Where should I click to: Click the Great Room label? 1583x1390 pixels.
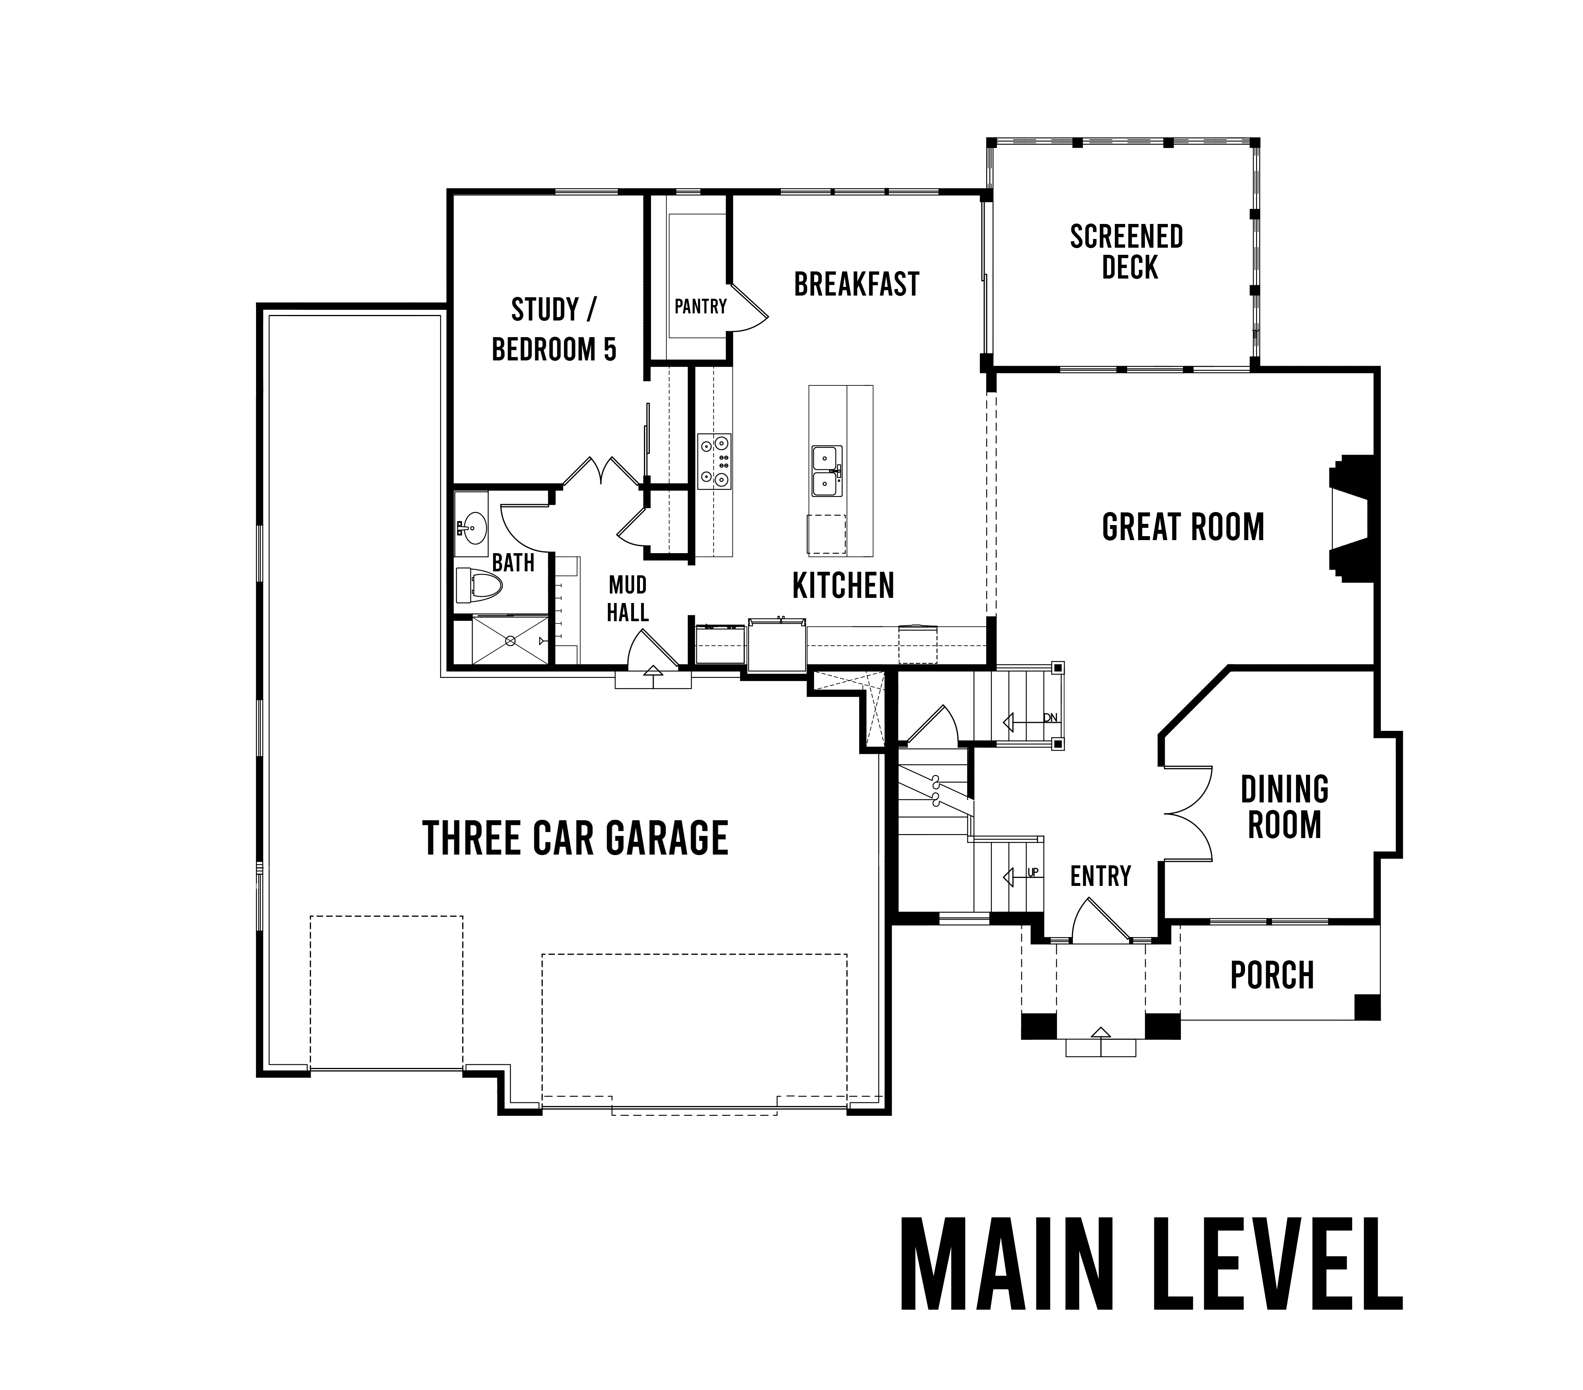click(1183, 527)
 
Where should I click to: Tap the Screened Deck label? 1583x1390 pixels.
click(1127, 252)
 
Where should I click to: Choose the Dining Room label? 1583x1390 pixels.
click(1285, 807)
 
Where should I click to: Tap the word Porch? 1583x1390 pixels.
click(1272, 976)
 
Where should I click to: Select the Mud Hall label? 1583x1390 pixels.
click(627, 599)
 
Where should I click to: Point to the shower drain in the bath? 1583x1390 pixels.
click(511, 641)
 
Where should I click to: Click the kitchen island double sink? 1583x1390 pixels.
click(827, 471)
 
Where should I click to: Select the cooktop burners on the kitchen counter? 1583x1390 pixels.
click(714, 461)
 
